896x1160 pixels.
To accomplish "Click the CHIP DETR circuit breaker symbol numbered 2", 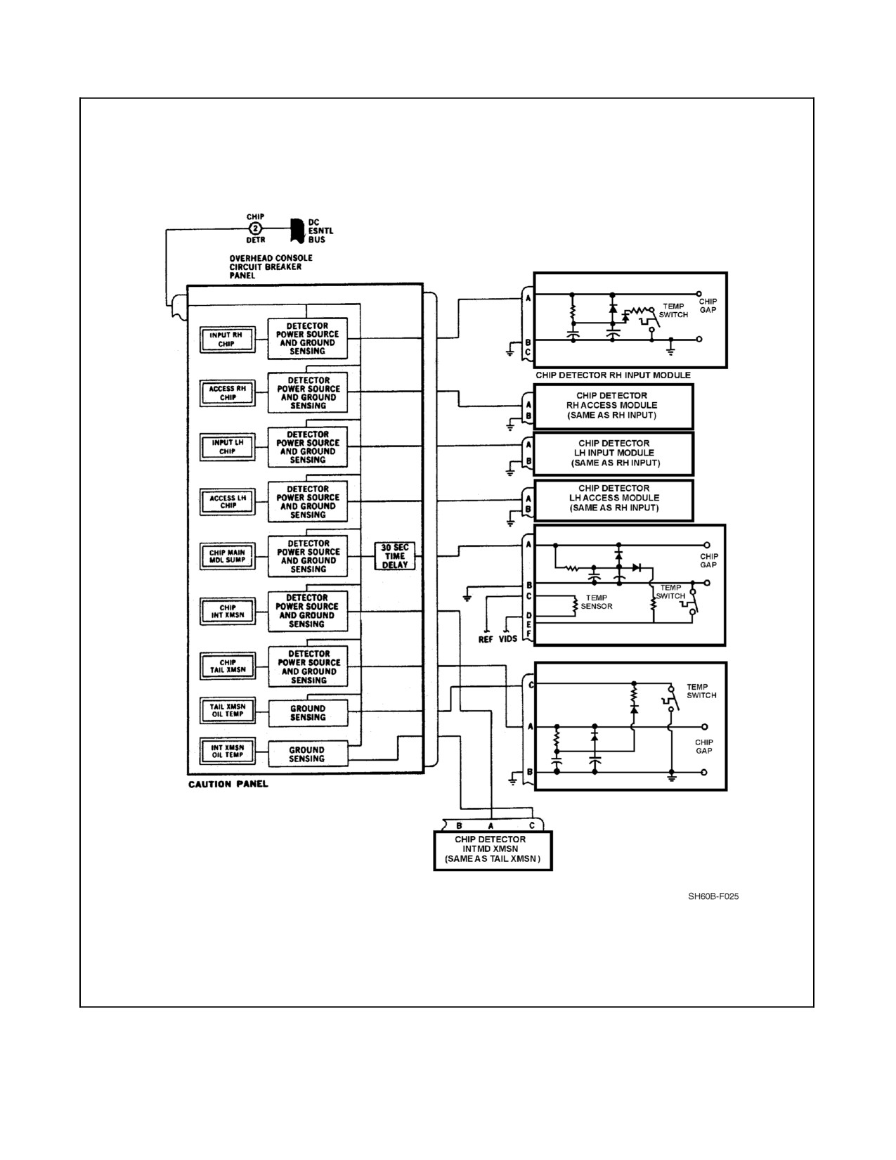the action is click(x=256, y=228).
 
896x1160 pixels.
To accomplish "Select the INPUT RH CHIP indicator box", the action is click(x=227, y=340).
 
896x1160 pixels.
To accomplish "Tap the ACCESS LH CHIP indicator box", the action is click(x=227, y=502).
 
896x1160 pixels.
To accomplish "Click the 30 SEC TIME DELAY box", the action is click(x=395, y=556).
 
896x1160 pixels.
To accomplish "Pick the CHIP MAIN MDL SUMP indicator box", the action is click(x=227, y=556).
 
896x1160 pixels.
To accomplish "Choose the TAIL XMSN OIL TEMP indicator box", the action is click(x=227, y=711).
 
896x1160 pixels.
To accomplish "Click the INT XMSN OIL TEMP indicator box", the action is click(x=227, y=751).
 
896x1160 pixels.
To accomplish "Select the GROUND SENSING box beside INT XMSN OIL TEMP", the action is click(x=307, y=754).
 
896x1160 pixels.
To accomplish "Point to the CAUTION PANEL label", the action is click(x=228, y=784).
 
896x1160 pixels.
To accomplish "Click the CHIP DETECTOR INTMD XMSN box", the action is click(x=493, y=851).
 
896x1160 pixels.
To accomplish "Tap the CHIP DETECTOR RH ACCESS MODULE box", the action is click(x=613, y=406).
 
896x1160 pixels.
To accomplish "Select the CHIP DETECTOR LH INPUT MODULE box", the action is click(x=613, y=453).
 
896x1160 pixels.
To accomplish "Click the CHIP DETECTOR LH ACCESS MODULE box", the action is click(x=613, y=500).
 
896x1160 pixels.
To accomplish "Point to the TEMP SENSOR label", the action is click(x=597, y=602).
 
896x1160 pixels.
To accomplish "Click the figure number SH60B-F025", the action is click(x=713, y=896).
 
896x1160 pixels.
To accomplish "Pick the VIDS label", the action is click(x=508, y=638).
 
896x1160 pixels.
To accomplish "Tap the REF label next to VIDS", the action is click(x=486, y=639).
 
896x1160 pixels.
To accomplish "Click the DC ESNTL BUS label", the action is click(x=320, y=231).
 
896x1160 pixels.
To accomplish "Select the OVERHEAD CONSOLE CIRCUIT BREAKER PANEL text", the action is click(x=271, y=266).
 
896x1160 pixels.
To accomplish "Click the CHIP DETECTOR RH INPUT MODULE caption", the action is click(x=613, y=375).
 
